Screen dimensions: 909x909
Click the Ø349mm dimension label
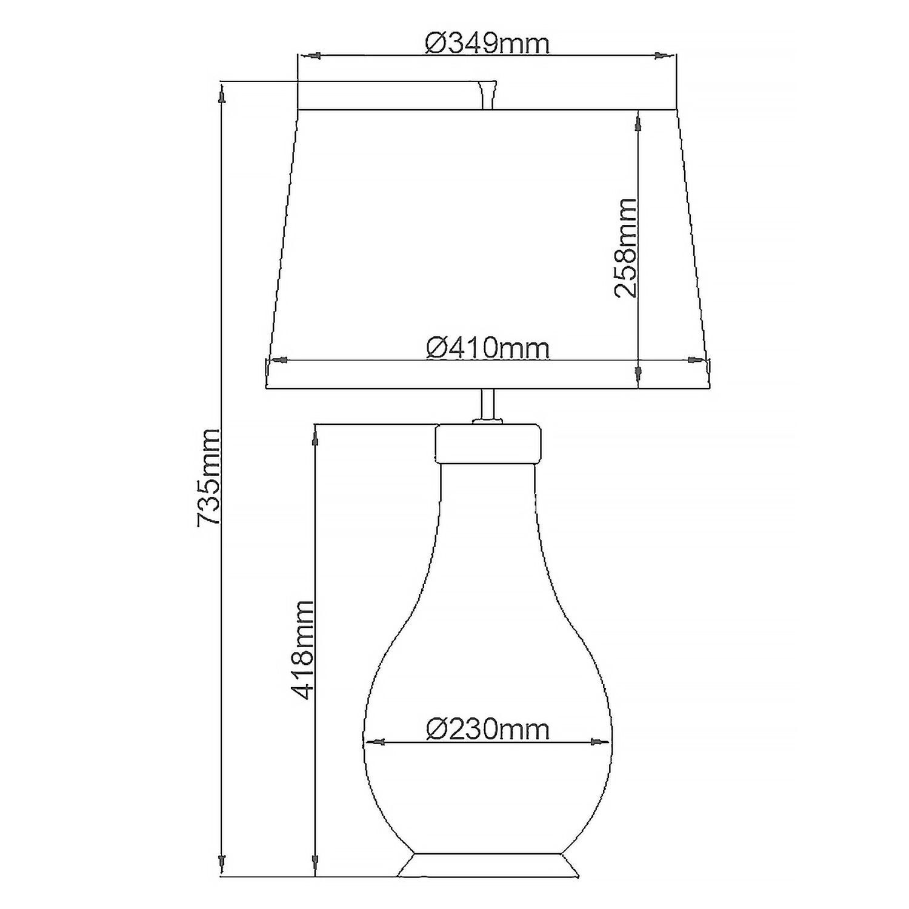tap(487, 44)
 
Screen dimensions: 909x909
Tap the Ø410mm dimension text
tap(488, 348)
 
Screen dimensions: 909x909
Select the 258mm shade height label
tap(626, 247)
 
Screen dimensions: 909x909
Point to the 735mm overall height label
tap(208, 477)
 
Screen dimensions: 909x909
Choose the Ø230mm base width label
tap(488, 729)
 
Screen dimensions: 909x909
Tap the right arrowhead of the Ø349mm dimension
tap(662, 56)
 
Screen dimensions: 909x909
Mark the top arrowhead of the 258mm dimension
tap(638, 124)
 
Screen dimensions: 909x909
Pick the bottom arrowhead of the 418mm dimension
tap(315, 860)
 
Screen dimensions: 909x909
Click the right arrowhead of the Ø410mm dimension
tap(694, 360)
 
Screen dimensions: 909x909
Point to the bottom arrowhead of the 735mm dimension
tap(223, 860)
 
